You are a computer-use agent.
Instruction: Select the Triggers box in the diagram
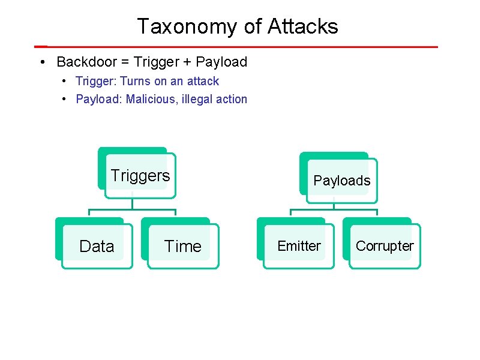pos(140,175)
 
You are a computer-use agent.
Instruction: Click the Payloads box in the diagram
pos(342,181)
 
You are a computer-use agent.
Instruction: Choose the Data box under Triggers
pos(97,246)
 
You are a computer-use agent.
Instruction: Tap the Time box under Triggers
pos(183,246)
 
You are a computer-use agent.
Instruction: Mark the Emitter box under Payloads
pos(299,246)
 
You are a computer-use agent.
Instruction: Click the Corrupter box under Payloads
pos(385,246)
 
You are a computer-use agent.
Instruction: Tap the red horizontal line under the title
pos(240,46)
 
